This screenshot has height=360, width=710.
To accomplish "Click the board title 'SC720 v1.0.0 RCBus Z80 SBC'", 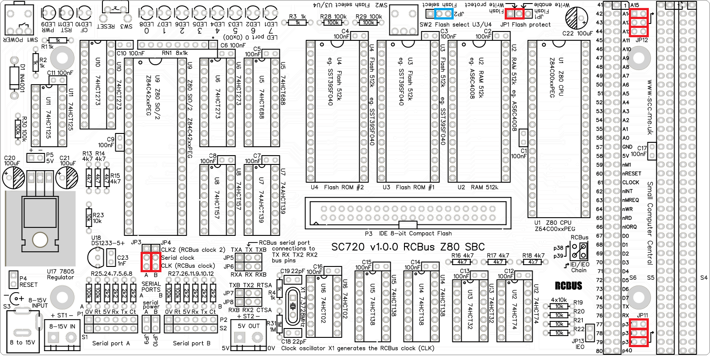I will [x=408, y=247].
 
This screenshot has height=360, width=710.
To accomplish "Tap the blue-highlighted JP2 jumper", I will [x=443, y=14].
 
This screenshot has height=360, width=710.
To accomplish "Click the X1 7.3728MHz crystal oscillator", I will [x=293, y=306].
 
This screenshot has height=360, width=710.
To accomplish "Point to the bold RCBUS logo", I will [x=568, y=286].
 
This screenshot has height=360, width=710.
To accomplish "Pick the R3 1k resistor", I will [x=298, y=22].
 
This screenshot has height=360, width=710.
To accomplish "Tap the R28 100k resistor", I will [x=333, y=22].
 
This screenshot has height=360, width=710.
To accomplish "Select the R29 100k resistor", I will [x=368, y=22].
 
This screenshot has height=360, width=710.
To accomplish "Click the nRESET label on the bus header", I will [x=632, y=173].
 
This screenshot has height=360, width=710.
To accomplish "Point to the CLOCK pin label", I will [x=631, y=182].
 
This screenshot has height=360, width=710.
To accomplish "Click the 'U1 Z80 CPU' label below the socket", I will [x=553, y=223].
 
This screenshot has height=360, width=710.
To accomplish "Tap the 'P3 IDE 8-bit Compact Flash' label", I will [x=408, y=233].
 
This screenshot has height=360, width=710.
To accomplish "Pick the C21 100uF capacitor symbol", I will [x=67, y=179].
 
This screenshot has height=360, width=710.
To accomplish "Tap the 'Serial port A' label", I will [x=111, y=343].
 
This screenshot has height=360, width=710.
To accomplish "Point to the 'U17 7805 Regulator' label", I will [x=60, y=274].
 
